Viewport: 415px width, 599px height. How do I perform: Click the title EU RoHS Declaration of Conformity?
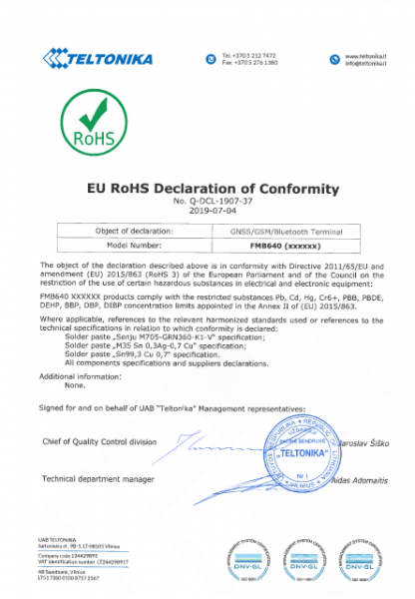(207, 189)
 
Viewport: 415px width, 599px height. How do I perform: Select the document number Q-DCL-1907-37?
(207, 202)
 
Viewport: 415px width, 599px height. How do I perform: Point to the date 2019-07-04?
(207, 212)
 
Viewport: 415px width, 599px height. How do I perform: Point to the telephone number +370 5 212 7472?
(250, 56)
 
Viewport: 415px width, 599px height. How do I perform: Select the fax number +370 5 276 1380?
(250, 63)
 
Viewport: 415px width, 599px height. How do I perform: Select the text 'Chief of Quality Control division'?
(99, 441)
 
